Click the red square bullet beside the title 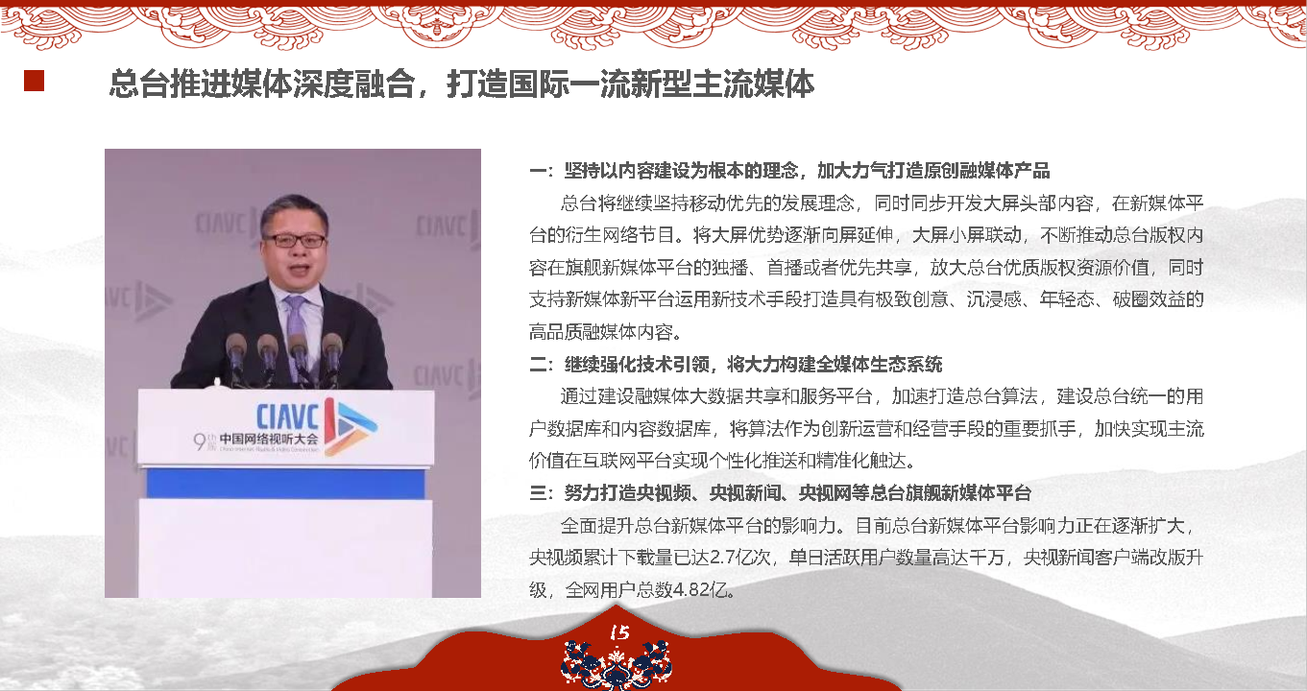pyautogui.click(x=34, y=81)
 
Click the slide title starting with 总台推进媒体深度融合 pyautogui.click(x=462, y=83)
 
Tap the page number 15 pyautogui.click(x=619, y=632)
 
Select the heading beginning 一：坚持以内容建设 pyautogui.click(x=789, y=171)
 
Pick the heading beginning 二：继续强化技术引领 pyautogui.click(x=736, y=365)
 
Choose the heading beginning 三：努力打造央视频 pyautogui.click(x=780, y=493)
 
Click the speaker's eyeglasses pyautogui.click(x=295, y=240)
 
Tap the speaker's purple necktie pyautogui.click(x=298, y=332)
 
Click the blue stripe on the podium pyautogui.click(x=285, y=484)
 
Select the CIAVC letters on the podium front pyautogui.click(x=288, y=417)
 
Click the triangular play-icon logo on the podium pyautogui.click(x=351, y=427)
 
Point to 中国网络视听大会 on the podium pyautogui.click(x=269, y=440)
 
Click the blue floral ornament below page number pyautogui.click(x=617, y=665)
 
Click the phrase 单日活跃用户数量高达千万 pyautogui.click(x=896, y=558)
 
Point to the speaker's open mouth pyautogui.click(x=300, y=271)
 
